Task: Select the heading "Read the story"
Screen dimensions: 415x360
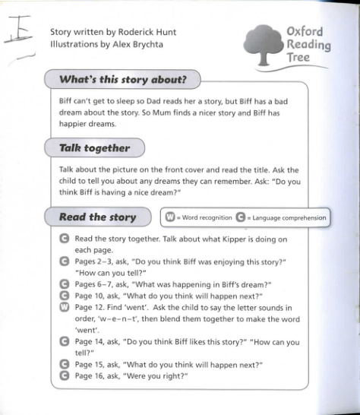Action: [98, 217]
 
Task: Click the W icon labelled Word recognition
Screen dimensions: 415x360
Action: [170, 217]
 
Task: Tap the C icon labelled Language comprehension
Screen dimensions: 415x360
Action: [242, 217]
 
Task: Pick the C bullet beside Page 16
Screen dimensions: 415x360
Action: [65, 375]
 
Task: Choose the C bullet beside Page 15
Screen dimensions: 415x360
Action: [65, 364]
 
